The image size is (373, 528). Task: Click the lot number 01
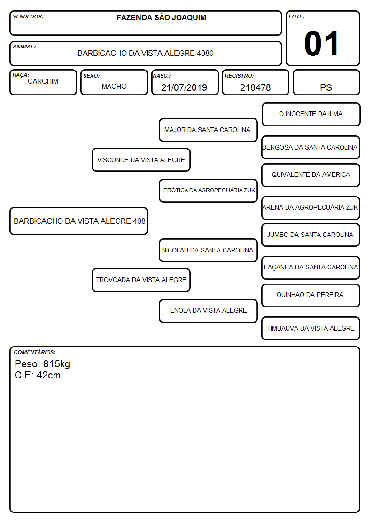coord(321,43)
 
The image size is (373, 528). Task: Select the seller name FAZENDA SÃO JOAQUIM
coord(161,17)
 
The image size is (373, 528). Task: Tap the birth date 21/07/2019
coord(184,87)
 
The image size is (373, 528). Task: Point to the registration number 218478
coord(255,87)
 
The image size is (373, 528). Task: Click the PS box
coord(326,82)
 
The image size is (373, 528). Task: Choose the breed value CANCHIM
coord(43,81)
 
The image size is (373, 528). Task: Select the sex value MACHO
coord(114,87)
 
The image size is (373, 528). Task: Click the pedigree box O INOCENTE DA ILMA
coord(311,115)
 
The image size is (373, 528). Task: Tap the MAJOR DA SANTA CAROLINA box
coord(208,130)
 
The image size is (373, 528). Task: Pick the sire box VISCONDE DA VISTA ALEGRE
coord(141,160)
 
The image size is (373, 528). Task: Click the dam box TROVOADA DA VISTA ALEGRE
coord(141,280)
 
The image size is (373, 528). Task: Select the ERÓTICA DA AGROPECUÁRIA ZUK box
coord(208,190)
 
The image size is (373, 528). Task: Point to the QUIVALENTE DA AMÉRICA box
coord(311,175)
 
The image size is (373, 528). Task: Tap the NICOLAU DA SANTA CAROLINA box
coord(208,251)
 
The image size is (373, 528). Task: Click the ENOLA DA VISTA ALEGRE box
coord(208,311)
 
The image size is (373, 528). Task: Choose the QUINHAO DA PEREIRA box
coord(311,295)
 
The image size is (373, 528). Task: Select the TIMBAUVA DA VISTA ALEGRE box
coord(311,328)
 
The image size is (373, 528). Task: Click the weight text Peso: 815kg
coord(42,364)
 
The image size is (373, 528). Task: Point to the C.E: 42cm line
coord(38,376)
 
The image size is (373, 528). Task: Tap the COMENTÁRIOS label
coord(35,352)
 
